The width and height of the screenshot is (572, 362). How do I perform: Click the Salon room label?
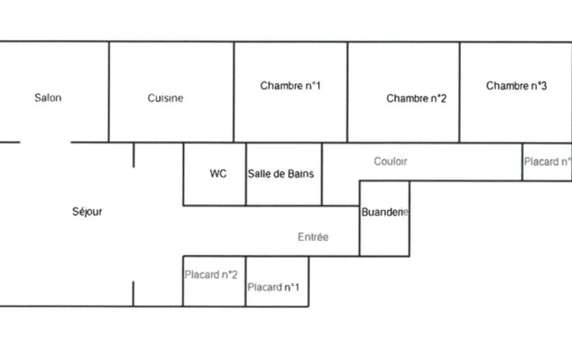point(48,98)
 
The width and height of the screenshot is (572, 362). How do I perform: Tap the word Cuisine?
point(165,98)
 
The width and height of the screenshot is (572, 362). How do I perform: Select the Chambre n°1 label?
point(290,86)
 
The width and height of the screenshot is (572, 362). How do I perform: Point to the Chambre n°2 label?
point(416,99)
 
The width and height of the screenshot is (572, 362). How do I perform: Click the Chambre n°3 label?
point(516,86)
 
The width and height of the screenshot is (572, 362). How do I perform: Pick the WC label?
point(218,174)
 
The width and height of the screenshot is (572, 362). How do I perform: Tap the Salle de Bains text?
point(281,174)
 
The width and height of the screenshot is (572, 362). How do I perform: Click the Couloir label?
point(390,162)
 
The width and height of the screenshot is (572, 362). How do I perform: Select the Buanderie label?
point(385,212)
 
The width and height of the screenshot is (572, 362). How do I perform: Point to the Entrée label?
point(313,237)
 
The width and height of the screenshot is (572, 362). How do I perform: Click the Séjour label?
point(88,212)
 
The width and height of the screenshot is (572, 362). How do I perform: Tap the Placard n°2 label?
point(212,275)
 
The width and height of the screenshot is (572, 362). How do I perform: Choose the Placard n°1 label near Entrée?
point(273,287)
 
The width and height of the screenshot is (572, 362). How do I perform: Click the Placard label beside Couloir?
point(547,162)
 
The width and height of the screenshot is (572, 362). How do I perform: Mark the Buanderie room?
point(384,234)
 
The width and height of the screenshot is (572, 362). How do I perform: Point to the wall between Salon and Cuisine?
point(109,92)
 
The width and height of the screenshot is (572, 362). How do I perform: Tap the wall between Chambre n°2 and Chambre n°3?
point(460,92)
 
